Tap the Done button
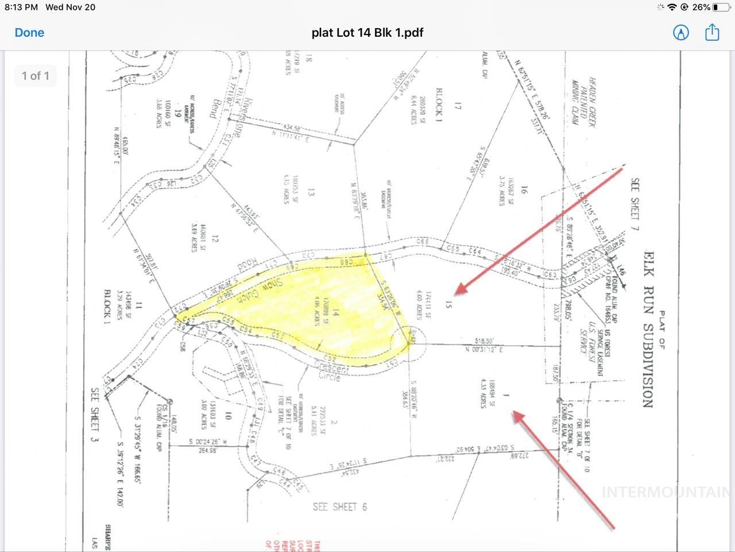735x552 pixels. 29,33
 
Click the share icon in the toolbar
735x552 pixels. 712,32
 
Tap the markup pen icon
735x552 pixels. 681,32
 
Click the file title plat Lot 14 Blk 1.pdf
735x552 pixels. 367,33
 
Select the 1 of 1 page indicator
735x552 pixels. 36,76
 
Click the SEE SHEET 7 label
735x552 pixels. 635,198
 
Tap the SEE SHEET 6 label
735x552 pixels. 339,507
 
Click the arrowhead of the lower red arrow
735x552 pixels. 516,414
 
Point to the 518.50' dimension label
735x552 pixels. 482,340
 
